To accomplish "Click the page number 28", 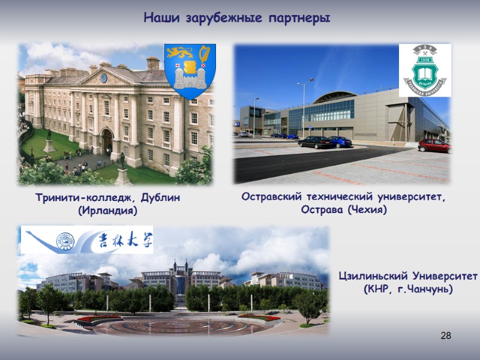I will (x=445, y=335).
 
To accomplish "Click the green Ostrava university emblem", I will (x=425, y=70).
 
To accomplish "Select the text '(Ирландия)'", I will (x=108, y=211).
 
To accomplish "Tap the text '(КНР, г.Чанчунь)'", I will (x=407, y=290).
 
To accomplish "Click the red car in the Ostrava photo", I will (x=434, y=145).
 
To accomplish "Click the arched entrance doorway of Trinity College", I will (x=107, y=142).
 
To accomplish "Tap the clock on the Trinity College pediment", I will (x=103, y=78).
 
